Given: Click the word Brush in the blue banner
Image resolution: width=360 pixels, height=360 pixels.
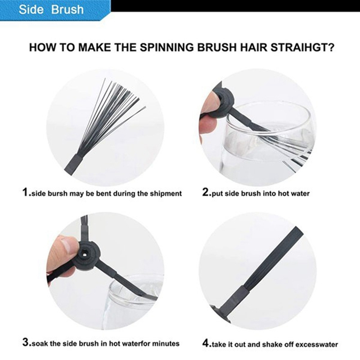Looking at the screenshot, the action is click(67, 9).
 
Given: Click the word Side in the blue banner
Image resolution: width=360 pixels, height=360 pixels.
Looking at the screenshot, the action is click(31, 9).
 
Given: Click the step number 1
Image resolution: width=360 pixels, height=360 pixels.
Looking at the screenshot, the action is click(26, 192).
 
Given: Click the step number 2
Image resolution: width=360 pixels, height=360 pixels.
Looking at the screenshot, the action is click(206, 192).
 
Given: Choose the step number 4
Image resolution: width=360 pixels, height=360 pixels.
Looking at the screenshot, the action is click(206, 343).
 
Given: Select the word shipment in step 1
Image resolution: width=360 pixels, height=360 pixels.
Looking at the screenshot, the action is click(166, 194).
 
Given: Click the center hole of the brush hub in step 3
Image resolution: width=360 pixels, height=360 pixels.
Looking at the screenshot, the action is click(85, 254).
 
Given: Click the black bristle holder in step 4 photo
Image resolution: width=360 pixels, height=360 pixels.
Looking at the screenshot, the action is click(237, 298).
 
